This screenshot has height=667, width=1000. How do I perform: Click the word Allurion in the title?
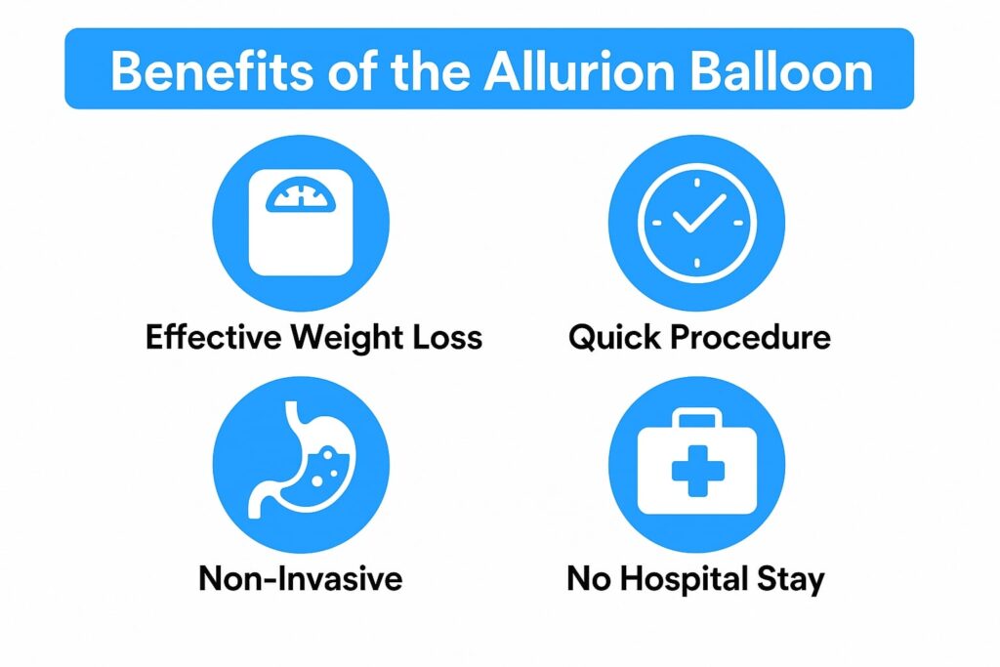click(579, 70)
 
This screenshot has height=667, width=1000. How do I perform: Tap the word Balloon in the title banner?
click(781, 70)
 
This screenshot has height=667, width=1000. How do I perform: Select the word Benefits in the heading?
click(212, 70)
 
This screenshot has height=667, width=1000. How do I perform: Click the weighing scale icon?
click(301, 223)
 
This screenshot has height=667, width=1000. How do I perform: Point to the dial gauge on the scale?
click(301, 194)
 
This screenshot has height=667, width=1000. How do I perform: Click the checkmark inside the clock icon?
click(699, 213)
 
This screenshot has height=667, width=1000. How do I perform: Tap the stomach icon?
click(300, 460)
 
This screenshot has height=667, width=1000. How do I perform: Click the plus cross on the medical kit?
click(697, 471)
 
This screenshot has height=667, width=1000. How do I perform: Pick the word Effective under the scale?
click(213, 337)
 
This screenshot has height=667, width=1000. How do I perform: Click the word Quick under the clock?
click(615, 337)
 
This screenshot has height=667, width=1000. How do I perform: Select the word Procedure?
click(751, 337)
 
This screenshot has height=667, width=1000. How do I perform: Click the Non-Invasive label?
click(301, 579)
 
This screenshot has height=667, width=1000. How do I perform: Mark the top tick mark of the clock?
click(697, 183)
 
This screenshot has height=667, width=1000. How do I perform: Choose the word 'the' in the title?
click(430, 70)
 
